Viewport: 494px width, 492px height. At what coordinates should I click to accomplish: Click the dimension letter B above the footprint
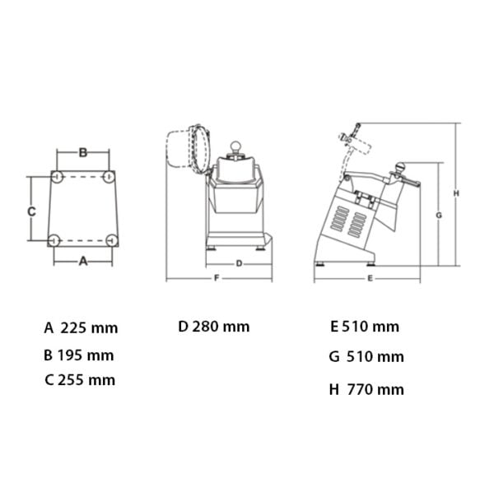pos(83,152)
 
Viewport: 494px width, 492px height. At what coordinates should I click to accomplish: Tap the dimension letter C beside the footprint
pos(31,211)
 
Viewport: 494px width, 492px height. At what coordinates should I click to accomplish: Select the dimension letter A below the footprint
pos(83,261)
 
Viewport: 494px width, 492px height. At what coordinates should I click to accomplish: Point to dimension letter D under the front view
pos(239,263)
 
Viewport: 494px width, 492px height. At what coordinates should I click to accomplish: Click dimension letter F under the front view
pos(217,278)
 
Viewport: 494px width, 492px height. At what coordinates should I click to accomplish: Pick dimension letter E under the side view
pos(370,278)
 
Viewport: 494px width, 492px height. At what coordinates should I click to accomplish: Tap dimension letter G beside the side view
pos(439,216)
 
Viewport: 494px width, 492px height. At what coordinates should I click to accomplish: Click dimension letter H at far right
pos(456,193)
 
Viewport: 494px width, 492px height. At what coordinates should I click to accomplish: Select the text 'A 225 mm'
pos(81,328)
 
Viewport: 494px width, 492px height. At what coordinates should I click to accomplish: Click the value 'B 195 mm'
pos(79,355)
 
